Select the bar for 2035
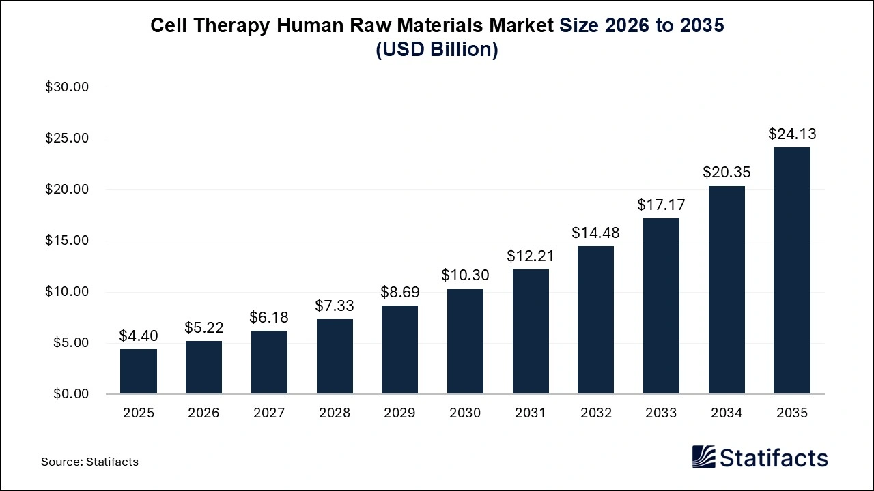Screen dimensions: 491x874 (791, 271)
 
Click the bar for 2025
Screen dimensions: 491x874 (139, 372)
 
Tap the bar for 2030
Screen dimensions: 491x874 (465, 342)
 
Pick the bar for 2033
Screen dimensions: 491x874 (661, 306)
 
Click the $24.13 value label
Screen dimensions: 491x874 (791, 134)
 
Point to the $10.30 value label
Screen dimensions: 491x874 (465, 276)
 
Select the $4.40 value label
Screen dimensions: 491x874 (139, 336)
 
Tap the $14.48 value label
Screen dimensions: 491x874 (595, 233)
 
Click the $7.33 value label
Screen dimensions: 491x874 (335, 306)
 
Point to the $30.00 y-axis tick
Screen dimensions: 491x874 (68, 87)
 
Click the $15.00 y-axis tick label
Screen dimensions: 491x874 (68, 241)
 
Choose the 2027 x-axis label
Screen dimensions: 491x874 (269, 413)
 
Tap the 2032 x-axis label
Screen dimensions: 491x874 (595, 413)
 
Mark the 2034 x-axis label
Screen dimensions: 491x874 (727, 413)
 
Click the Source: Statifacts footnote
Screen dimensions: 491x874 (89, 462)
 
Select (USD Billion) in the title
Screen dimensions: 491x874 (437, 50)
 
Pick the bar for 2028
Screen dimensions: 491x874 (335, 357)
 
